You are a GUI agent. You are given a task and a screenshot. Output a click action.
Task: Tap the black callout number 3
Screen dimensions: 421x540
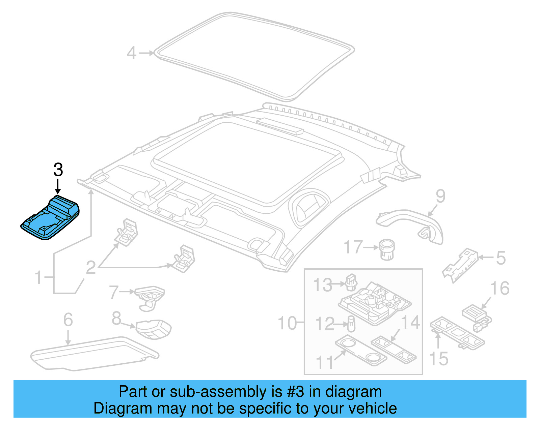click(58, 170)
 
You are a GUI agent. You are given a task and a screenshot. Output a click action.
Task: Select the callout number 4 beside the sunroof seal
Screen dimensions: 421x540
click(132, 53)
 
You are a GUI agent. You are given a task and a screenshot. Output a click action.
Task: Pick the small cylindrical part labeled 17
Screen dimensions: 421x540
click(387, 249)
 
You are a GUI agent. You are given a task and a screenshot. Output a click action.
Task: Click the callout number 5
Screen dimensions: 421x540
click(501, 258)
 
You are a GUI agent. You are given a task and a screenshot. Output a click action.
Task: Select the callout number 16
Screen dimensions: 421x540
click(500, 289)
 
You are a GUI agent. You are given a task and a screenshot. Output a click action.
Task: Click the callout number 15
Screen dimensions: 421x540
click(438, 358)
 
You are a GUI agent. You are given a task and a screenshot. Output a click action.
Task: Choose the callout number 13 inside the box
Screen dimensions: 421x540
click(323, 285)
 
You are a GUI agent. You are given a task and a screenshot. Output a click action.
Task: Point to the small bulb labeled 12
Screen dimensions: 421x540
click(351, 325)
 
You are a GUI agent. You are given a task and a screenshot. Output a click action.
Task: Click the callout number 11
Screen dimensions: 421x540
click(324, 363)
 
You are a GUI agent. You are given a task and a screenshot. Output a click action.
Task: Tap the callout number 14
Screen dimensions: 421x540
click(410, 322)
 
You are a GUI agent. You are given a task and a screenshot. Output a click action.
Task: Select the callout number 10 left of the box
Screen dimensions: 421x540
click(287, 323)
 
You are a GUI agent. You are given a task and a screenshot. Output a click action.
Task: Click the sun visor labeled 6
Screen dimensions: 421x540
click(94, 354)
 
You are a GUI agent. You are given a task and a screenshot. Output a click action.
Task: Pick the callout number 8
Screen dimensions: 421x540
click(116, 318)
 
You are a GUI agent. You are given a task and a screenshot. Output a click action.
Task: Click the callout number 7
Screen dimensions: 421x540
click(114, 292)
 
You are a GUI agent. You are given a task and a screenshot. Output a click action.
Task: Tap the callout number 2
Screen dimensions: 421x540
click(91, 268)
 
